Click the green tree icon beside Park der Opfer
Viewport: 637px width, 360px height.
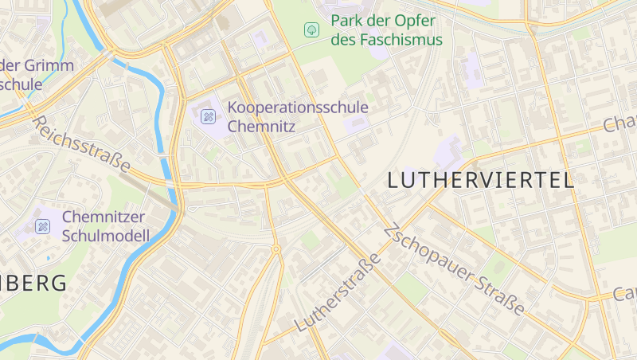pos(311,29)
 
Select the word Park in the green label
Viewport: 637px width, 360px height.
pos(347,20)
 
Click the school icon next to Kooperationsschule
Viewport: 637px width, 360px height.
pos(208,117)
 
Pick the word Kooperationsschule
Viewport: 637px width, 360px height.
pos(298,107)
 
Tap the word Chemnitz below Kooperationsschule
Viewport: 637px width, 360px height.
pos(261,126)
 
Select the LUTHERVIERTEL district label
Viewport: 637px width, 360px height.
pos(480,180)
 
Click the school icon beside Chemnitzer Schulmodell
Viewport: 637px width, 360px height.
pos(42,226)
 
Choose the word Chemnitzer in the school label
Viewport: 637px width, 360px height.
pos(104,216)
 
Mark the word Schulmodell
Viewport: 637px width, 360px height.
pos(105,235)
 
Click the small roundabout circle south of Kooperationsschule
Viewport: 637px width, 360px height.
pos(276,249)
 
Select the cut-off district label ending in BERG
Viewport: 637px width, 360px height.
pos(33,283)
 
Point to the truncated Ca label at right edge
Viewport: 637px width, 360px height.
pos(624,294)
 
